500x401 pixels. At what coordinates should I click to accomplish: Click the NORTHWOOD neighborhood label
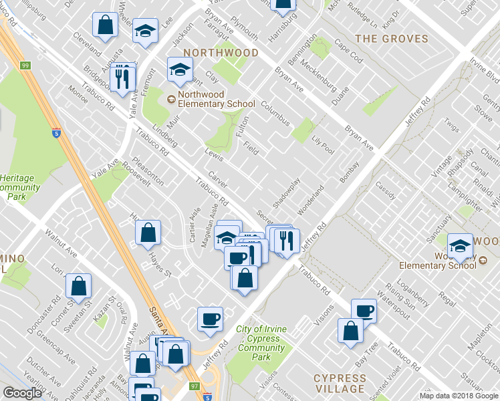(221, 52)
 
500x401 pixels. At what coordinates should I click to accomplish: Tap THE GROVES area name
(392, 39)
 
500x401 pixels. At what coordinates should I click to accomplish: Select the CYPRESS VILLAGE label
(340, 384)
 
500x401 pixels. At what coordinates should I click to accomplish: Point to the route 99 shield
(25, 65)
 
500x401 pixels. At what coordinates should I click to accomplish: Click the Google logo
(22, 393)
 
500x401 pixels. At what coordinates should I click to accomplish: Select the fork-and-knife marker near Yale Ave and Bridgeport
(122, 78)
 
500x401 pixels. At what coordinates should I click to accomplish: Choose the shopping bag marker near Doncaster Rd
(79, 285)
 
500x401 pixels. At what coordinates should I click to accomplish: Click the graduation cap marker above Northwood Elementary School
(179, 69)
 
